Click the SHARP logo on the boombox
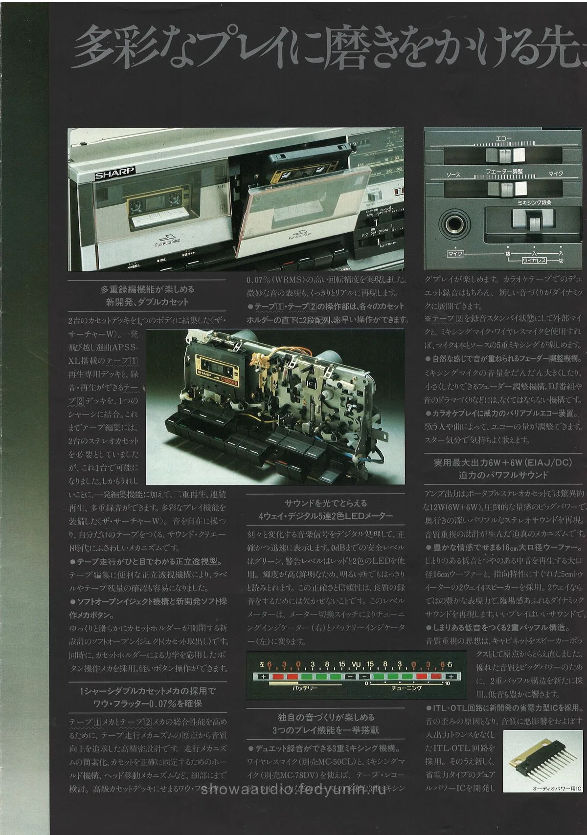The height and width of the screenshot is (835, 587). pos(114,173)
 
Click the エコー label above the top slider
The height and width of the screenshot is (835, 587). pos(504,139)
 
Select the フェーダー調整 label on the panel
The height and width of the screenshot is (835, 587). pos(504,171)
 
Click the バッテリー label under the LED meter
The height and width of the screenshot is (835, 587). pos(305,688)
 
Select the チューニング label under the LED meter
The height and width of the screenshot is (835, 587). pos(406,688)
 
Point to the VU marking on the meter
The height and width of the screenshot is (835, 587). pos(356,664)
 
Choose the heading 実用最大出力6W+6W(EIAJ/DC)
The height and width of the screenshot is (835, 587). pos(503,462)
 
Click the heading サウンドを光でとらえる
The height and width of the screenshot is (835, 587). pos(326,503)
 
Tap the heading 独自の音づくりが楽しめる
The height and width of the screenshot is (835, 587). pos(326,717)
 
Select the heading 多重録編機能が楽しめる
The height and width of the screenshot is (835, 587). pos(147,289)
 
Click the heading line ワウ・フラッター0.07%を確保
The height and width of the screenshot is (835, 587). pos(148,703)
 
